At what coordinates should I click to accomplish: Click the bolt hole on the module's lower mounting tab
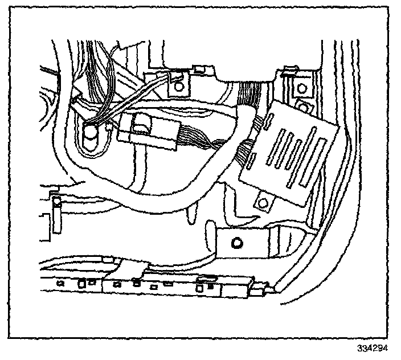pos(264,202)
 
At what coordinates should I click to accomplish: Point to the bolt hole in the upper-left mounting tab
pos(179,87)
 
